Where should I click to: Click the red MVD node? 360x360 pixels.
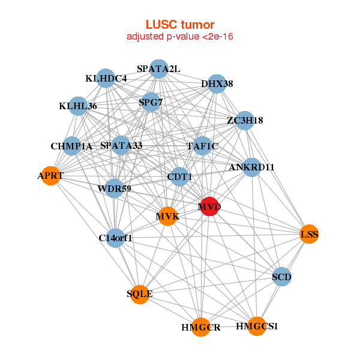click(209, 206)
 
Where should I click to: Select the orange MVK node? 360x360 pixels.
click(168, 216)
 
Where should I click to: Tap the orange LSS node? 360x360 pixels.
click(309, 234)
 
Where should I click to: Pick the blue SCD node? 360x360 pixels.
click(282, 277)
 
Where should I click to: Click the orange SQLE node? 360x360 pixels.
click(140, 295)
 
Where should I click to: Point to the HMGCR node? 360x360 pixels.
click(201, 327)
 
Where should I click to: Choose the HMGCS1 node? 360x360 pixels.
click(257, 326)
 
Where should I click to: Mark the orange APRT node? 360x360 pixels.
click(50, 176)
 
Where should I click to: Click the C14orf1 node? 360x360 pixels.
click(115, 238)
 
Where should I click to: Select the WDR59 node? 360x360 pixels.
click(114, 188)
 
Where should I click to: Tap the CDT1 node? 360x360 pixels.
click(179, 177)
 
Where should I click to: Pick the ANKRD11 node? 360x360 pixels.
click(252, 167)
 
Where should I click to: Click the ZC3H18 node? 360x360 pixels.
click(245, 121)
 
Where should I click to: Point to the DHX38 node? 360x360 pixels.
click(217, 84)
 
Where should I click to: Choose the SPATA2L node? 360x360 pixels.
click(158, 69)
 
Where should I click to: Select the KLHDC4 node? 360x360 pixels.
click(106, 78)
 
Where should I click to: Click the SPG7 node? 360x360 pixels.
click(151, 102)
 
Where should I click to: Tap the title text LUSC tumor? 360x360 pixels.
click(180, 25)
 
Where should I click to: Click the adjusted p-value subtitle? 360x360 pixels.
click(180, 37)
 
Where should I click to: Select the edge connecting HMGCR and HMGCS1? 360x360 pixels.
click(229, 327)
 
